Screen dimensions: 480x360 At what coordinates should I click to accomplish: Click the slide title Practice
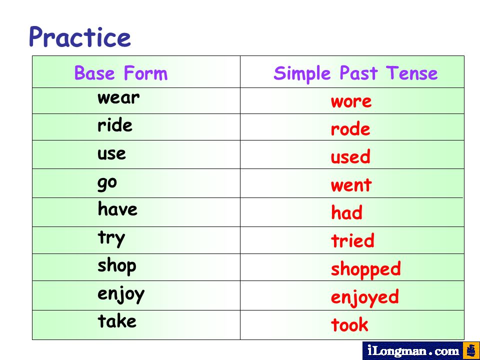point(80,36)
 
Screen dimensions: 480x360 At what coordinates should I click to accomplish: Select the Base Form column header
point(121,73)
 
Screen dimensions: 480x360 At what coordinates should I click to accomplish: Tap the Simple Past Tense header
point(355,74)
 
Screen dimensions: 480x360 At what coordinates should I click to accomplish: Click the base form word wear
point(118,98)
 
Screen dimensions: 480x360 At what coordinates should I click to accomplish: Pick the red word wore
point(351,101)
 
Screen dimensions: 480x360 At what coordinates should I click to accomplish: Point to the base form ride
point(115,125)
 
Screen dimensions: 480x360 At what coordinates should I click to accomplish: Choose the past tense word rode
point(350,129)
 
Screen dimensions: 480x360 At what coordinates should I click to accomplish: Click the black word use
point(111,153)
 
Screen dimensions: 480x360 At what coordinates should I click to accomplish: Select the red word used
point(350,156)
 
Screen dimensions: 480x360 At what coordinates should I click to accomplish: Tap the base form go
point(107,183)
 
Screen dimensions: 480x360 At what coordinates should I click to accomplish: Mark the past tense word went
point(351,184)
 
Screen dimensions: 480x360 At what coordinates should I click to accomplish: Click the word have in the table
point(117,209)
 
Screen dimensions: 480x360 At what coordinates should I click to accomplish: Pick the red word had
point(347,212)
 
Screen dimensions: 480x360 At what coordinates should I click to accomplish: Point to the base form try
point(111,238)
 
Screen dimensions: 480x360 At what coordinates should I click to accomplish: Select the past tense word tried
point(352,240)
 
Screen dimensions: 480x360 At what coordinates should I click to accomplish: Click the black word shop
point(117,266)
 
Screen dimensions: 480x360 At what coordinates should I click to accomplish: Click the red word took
point(349,324)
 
